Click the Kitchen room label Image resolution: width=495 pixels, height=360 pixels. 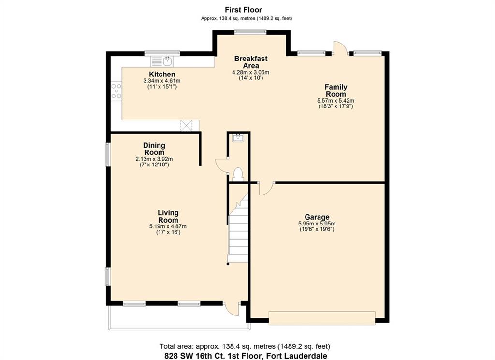click(162, 75)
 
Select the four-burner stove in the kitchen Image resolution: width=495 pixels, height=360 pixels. click(116, 90)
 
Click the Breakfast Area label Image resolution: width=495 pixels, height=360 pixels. click(251, 62)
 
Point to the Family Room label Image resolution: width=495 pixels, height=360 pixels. click(336, 90)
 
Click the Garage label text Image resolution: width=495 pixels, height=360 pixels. click(317, 217)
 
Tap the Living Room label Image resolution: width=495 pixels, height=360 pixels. click(168, 216)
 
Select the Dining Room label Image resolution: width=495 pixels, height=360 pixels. click(154, 149)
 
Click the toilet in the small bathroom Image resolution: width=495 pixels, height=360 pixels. click(238, 175)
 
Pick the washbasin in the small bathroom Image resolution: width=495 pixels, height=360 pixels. click(238, 138)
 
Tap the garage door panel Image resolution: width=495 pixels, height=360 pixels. click(322, 318)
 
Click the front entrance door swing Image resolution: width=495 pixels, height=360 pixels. click(232, 309)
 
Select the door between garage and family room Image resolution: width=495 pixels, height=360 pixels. click(266, 189)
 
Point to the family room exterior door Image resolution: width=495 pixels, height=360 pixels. click(340, 47)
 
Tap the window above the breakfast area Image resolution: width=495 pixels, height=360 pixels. click(251, 31)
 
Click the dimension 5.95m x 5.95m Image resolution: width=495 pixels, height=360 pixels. click(317, 224)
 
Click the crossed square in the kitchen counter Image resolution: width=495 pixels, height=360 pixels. click(186, 125)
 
